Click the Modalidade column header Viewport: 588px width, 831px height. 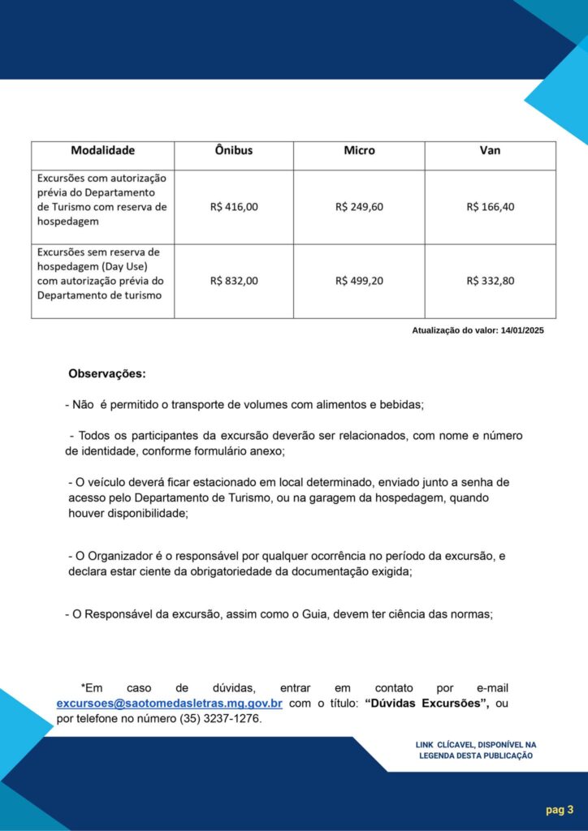102,151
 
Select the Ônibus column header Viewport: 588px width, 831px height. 234,151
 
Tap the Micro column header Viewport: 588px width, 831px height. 359,151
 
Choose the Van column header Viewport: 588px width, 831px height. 490,151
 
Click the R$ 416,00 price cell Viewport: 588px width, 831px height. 234,207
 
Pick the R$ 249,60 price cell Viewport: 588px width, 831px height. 359,207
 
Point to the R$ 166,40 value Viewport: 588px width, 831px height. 490,207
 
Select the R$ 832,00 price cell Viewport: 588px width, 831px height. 234,281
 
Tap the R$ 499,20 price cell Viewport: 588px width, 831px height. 359,281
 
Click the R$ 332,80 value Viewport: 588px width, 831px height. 490,281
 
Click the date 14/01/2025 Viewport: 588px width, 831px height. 522,330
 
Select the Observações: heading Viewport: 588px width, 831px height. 107,374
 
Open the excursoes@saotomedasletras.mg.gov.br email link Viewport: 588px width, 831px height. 169,704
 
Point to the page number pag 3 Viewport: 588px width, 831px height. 560,809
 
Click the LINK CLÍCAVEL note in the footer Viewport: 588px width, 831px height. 475,750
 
